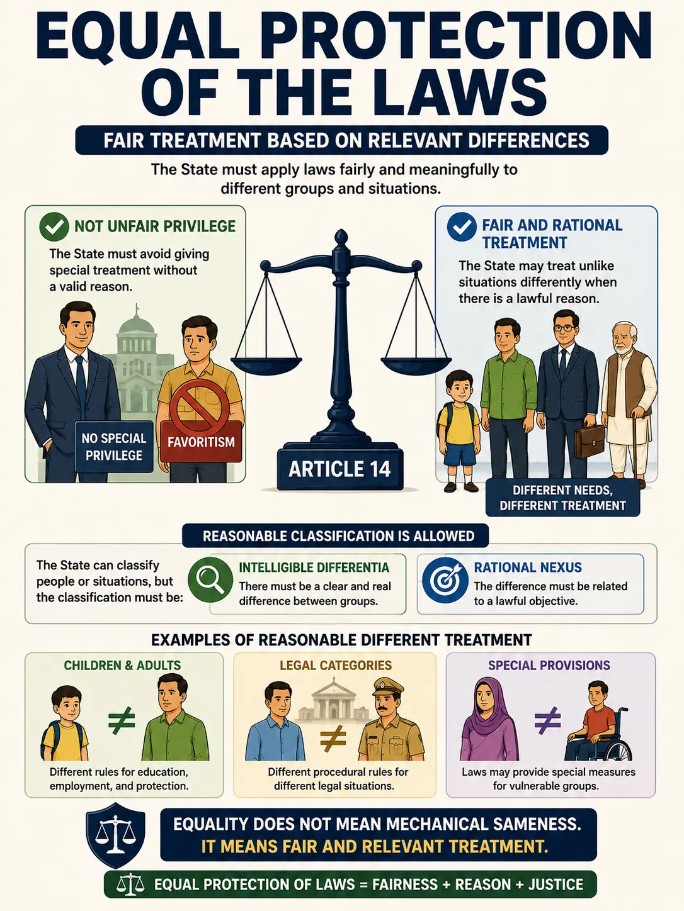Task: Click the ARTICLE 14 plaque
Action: tap(340, 469)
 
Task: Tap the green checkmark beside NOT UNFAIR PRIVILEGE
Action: tap(54, 226)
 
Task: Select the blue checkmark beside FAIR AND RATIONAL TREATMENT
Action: tap(462, 226)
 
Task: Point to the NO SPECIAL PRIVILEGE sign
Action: tap(114, 447)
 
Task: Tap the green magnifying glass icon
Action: tap(210, 579)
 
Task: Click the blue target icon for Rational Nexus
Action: tap(445, 580)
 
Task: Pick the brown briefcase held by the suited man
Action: tap(590, 441)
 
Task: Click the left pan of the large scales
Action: tap(266, 365)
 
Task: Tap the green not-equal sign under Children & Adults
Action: tap(122, 719)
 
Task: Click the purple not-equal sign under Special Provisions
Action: tap(548, 719)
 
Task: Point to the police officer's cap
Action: tap(389, 686)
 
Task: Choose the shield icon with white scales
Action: tap(115, 835)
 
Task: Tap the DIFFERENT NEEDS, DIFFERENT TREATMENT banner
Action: tap(562, 498)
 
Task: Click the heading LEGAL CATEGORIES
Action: tap(336, 665)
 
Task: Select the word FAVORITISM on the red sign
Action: tap(201, 442)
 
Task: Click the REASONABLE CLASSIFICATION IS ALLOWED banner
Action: tap(336, 536)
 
